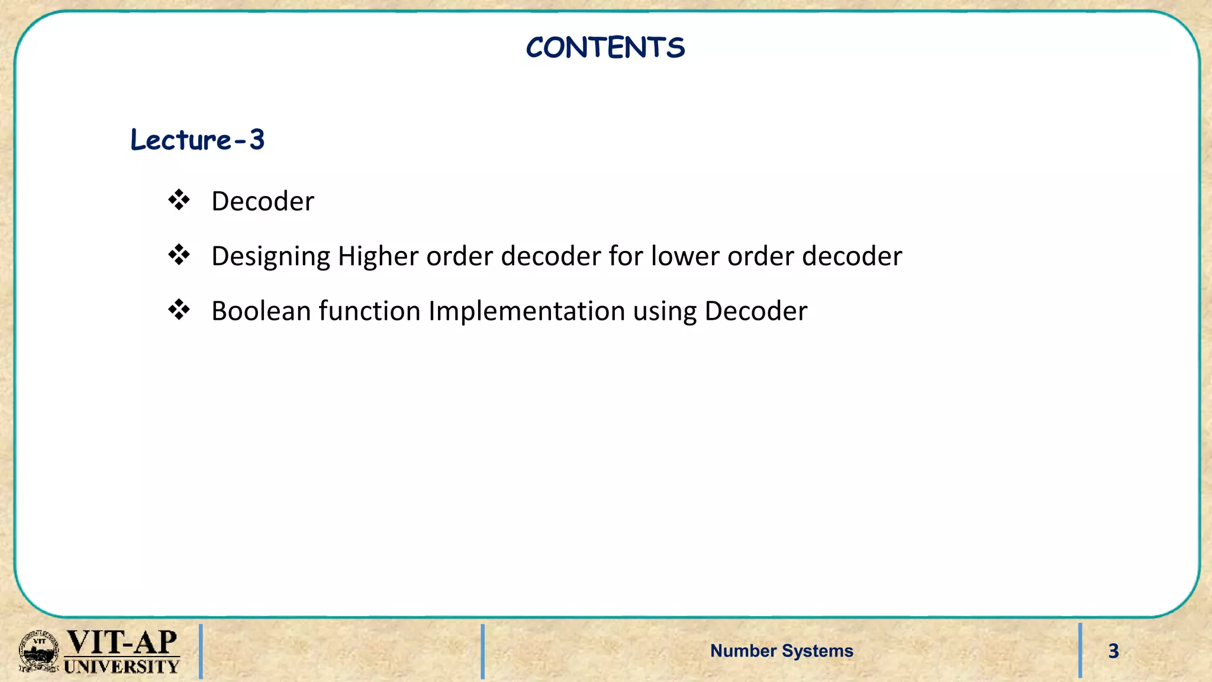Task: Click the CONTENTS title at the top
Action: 605,47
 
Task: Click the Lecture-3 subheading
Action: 197,140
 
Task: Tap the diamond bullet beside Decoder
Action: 179,200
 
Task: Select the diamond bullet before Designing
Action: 179,255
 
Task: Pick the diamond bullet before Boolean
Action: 179,310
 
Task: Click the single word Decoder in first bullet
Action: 263,201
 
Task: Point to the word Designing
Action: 270,256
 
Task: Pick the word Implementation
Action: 527,311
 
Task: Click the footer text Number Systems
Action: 781,651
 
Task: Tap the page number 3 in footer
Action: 1113,651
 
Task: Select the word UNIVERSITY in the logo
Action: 121,667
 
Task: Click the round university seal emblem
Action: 39,651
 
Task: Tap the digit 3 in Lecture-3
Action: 256,140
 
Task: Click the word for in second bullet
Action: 626,256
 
